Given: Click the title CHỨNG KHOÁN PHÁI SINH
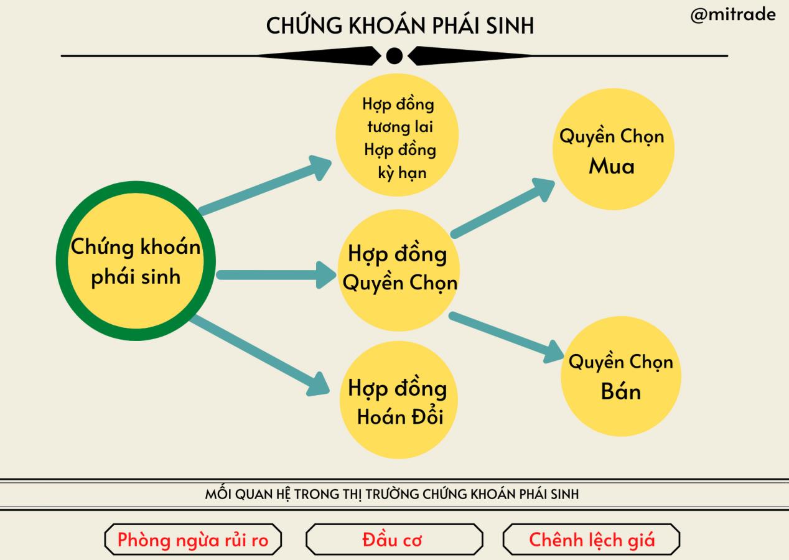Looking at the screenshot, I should coord(399,26).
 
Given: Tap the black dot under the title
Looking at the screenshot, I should coord(394,56).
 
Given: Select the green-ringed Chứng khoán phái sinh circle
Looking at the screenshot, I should coord(136,261).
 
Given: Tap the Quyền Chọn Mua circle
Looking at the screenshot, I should coord(612,151).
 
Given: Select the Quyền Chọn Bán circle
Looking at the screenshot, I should coord(620,377).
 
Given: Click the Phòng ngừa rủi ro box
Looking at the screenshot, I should coord(193,539).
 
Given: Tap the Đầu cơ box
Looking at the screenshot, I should coord(394,539).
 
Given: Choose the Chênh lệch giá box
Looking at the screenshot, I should coord(591,539).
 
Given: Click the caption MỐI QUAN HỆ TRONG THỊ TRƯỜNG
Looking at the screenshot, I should coord(392,495).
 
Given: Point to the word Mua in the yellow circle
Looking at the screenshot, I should coord(612,167).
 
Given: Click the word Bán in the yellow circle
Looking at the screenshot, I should coord(620,392).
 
